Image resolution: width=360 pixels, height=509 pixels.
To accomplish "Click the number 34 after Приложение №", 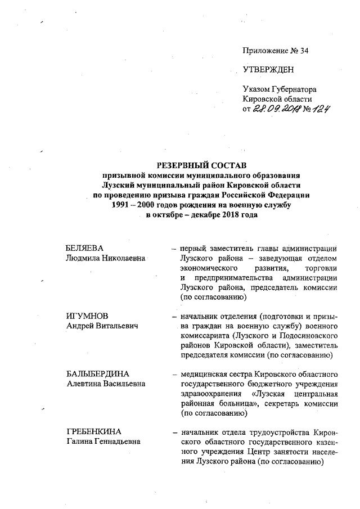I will [x=304, y=51].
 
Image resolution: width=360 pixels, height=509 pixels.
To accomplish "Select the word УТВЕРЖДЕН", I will [x=268, y=70].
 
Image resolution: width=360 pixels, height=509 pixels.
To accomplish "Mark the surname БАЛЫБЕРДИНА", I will [x=98, y=374].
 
